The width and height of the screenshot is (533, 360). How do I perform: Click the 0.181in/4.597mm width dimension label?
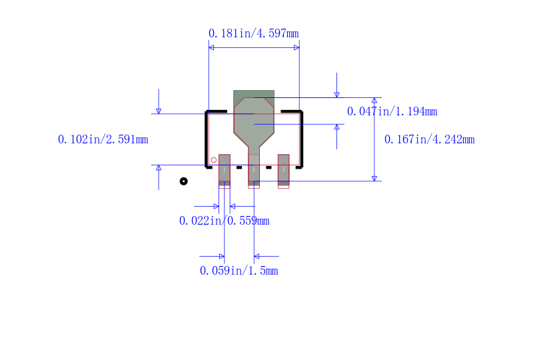click(x=253, y=33)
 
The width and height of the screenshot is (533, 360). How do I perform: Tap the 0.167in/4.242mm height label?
click(x=429, y=139)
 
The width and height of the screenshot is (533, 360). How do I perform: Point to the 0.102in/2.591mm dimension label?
click(x=103, y=139)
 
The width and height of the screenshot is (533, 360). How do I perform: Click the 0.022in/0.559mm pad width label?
click(x=224, y=221)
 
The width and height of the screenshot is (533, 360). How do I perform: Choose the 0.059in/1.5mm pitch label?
click(x=239, y=271)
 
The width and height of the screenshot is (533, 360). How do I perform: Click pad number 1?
click(x=225, y=169)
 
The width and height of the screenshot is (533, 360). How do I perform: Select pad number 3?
click(x=283, y=169)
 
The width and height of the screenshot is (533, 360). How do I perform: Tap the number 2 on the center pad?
click(x=254, y=170)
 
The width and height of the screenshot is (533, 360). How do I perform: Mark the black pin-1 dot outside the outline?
click(x=184, y=181)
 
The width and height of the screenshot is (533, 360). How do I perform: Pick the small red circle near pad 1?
click(x=214, y=160)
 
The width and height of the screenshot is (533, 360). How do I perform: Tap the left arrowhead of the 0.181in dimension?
click(x=211, y=48)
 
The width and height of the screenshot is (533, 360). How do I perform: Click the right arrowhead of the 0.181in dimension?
click(x=296, y=48)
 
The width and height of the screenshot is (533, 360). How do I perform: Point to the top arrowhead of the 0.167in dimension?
click(x=374, y=100)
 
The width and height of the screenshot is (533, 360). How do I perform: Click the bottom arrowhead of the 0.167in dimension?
click(x=374, y=178)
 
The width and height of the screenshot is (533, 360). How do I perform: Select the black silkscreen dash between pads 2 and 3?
click(x=268, y=167)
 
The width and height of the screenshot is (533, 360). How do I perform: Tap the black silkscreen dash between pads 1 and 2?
click(x=239, y=167)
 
